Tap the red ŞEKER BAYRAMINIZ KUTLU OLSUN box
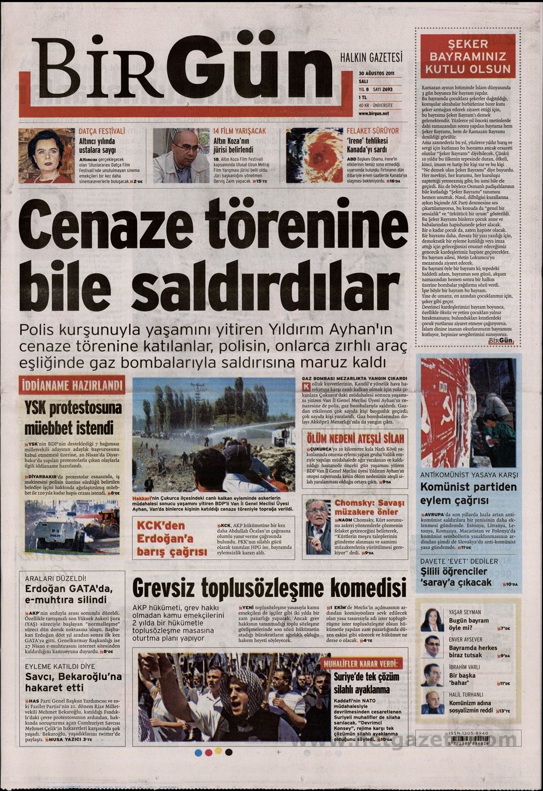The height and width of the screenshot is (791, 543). (467, 56)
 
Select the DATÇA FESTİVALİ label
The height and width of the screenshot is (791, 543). (102, 131)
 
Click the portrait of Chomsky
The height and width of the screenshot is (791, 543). (318, 526)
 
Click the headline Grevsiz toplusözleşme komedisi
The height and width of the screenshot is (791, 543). (269, 587)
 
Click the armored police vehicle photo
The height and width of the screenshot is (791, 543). (72, 526)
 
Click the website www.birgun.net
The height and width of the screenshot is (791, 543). (374, 113)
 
